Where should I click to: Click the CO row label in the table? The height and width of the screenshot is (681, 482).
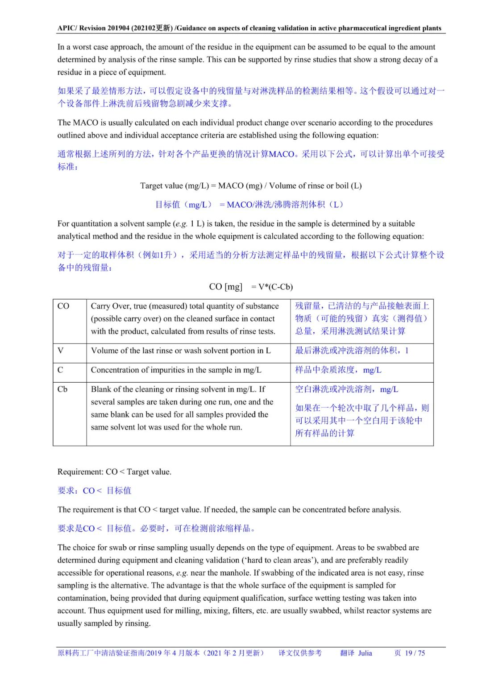click(63, 306)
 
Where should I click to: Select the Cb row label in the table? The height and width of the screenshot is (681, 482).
click(62, 389)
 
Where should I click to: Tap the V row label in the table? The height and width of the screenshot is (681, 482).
click(61, 351)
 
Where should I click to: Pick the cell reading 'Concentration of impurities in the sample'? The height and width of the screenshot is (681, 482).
click(176, 370)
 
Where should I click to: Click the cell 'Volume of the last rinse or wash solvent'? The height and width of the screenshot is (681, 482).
click(181, 351)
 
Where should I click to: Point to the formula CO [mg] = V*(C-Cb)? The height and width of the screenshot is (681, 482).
click(251, 287)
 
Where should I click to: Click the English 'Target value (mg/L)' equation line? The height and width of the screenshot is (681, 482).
click(251, 186)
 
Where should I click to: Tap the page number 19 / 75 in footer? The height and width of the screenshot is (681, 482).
click(415, 653)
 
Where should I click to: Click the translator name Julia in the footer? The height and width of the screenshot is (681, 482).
click(365, 653)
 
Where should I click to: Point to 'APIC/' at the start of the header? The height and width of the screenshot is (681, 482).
click(67, 28)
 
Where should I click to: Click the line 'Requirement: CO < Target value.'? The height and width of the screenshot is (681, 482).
click(114, 472)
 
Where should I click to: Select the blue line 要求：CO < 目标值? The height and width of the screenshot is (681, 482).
click(94, 491)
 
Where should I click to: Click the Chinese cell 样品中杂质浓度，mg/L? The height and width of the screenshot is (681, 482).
click(338, 370)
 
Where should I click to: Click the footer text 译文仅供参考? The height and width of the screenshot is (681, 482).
click(300, 653)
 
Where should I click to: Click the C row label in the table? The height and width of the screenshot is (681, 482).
click(60, 370)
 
